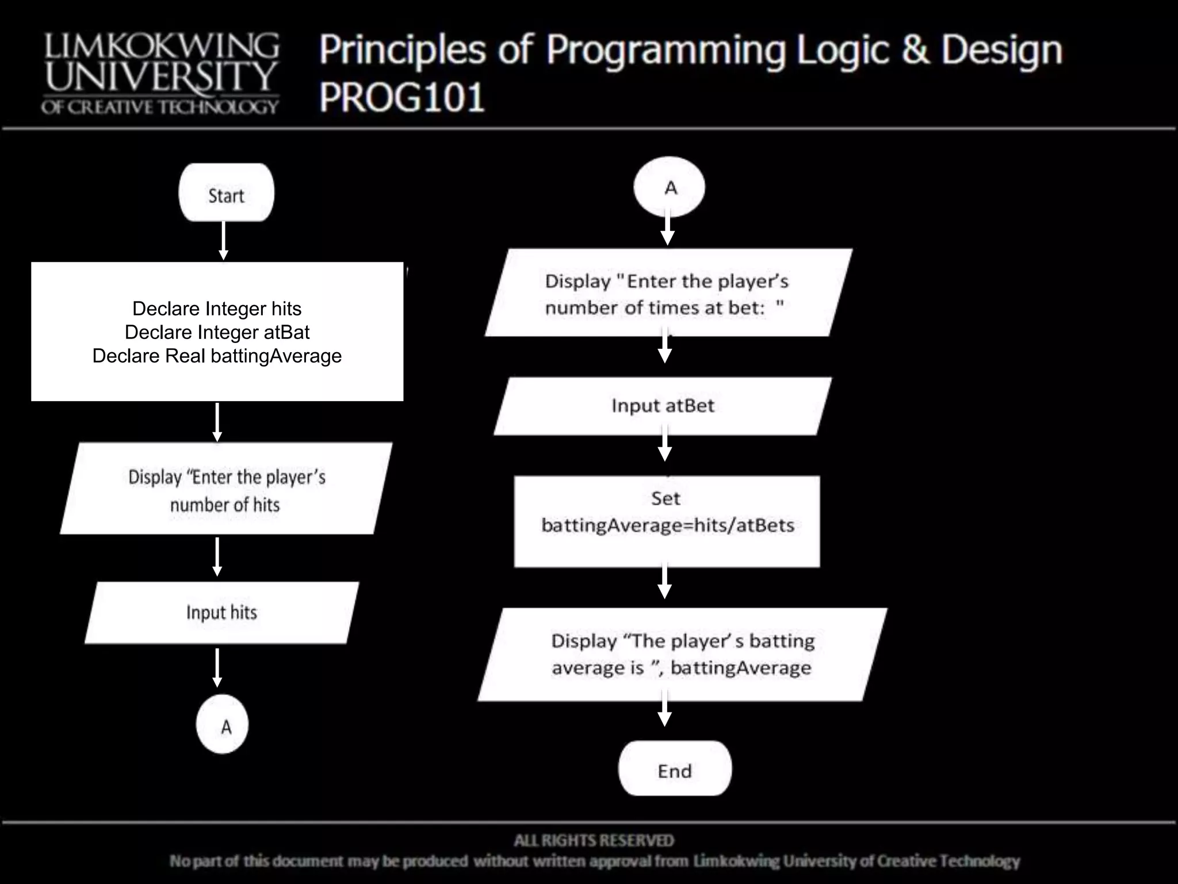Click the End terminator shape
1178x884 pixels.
coord(675,769)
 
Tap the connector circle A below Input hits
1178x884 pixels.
coord(223,725)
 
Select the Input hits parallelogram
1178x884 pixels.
coord(222,612)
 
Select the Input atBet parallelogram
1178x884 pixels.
coord(663,406)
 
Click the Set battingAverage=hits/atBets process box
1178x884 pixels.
coord(667,521)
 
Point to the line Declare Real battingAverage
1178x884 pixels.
coord(217,356)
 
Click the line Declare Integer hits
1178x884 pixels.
coord(217,308)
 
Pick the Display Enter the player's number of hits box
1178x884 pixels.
coord(226,489)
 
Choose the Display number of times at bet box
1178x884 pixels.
coord(667,293)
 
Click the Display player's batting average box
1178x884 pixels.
coord(682,654)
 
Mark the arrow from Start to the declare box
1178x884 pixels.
coord(224,241)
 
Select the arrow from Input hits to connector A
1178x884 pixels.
coord(217,668)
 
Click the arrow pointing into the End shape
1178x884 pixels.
coord(665,710)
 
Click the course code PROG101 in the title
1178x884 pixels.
coord(402,97)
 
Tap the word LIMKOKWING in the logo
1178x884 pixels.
coord(162,46)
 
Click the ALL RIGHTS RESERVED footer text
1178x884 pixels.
coord(594,841)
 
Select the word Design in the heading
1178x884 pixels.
coord(1001,51)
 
